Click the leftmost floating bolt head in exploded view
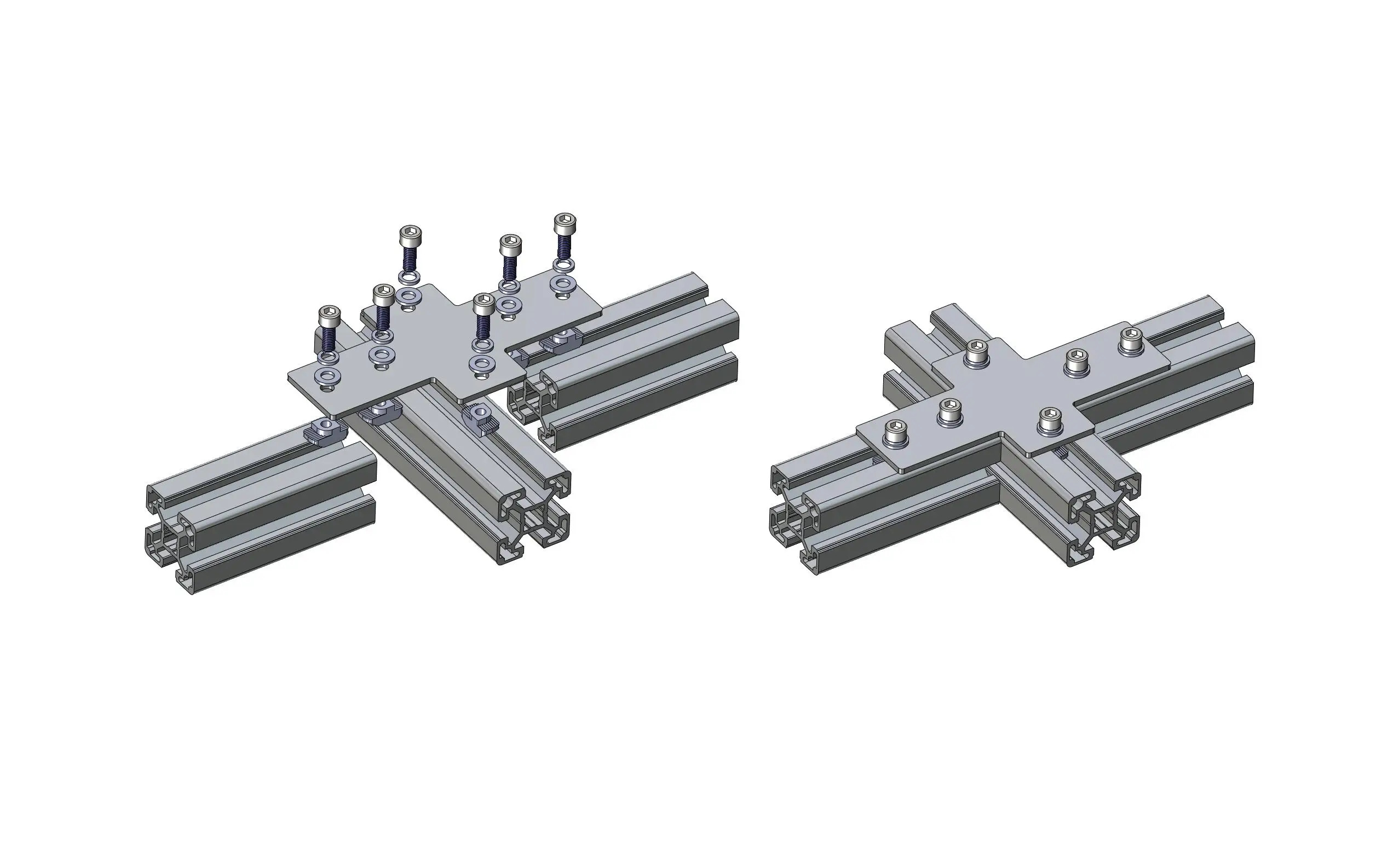coord(329,314)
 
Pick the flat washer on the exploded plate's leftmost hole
coord(329,376)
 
